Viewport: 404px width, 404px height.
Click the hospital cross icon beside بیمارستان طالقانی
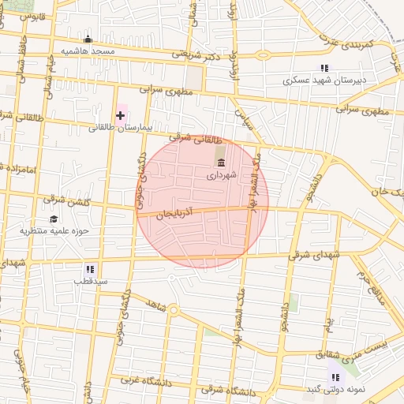click(120, 116)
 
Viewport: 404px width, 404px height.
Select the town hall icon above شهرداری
click(220, 163)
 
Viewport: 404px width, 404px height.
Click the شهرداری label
click(222, 176)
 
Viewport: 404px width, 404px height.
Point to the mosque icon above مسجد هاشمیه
click(88, 39)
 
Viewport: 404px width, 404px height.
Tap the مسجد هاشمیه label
click(88, 51)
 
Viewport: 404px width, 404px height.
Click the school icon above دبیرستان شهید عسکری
click(324, 69)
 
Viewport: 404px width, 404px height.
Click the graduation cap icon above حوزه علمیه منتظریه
click(54, 219)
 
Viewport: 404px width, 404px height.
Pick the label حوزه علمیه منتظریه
click(53, 231)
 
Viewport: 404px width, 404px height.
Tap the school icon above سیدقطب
click(91, 269)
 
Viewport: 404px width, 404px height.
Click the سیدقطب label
click(91, 281)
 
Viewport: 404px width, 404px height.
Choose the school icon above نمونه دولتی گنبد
click(335, 377)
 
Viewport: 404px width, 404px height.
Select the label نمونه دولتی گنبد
click(335, 390)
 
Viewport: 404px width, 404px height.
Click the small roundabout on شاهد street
click(173, 309)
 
